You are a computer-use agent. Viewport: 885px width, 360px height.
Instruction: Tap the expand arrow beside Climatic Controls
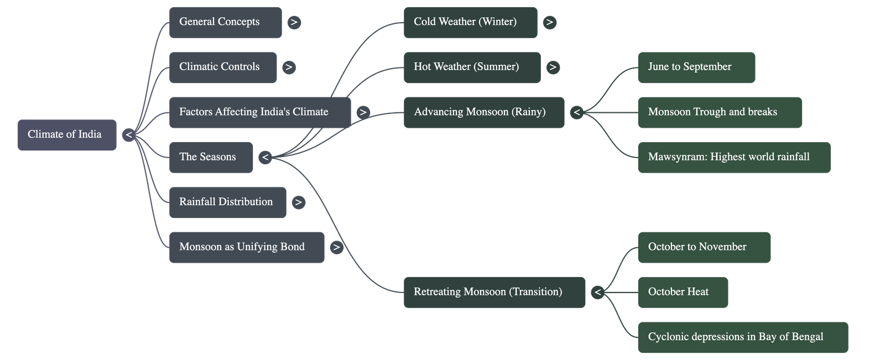289,67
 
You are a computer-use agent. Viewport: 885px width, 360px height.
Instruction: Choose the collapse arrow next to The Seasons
265,158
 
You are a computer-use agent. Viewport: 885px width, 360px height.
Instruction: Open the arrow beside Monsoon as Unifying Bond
336,247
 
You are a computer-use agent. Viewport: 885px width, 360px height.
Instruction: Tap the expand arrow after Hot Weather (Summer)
553,67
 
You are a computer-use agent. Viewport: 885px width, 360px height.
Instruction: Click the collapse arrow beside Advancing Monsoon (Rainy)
577,113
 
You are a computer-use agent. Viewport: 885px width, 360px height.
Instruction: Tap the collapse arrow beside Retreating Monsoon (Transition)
597,292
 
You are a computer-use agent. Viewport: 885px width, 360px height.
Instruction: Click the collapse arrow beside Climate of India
129,135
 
